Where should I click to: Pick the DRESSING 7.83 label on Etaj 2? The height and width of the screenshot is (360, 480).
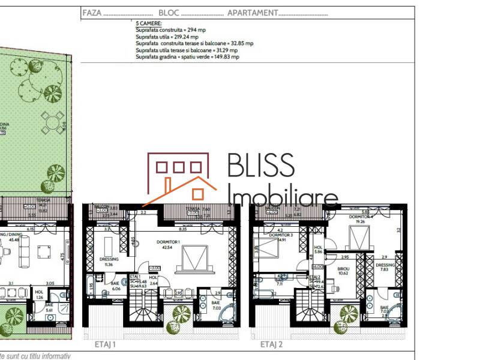tap(383, 266)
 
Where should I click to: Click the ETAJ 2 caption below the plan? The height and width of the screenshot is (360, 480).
tap(271, 345)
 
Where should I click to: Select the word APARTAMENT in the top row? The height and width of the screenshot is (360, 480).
tap(253, 13)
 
